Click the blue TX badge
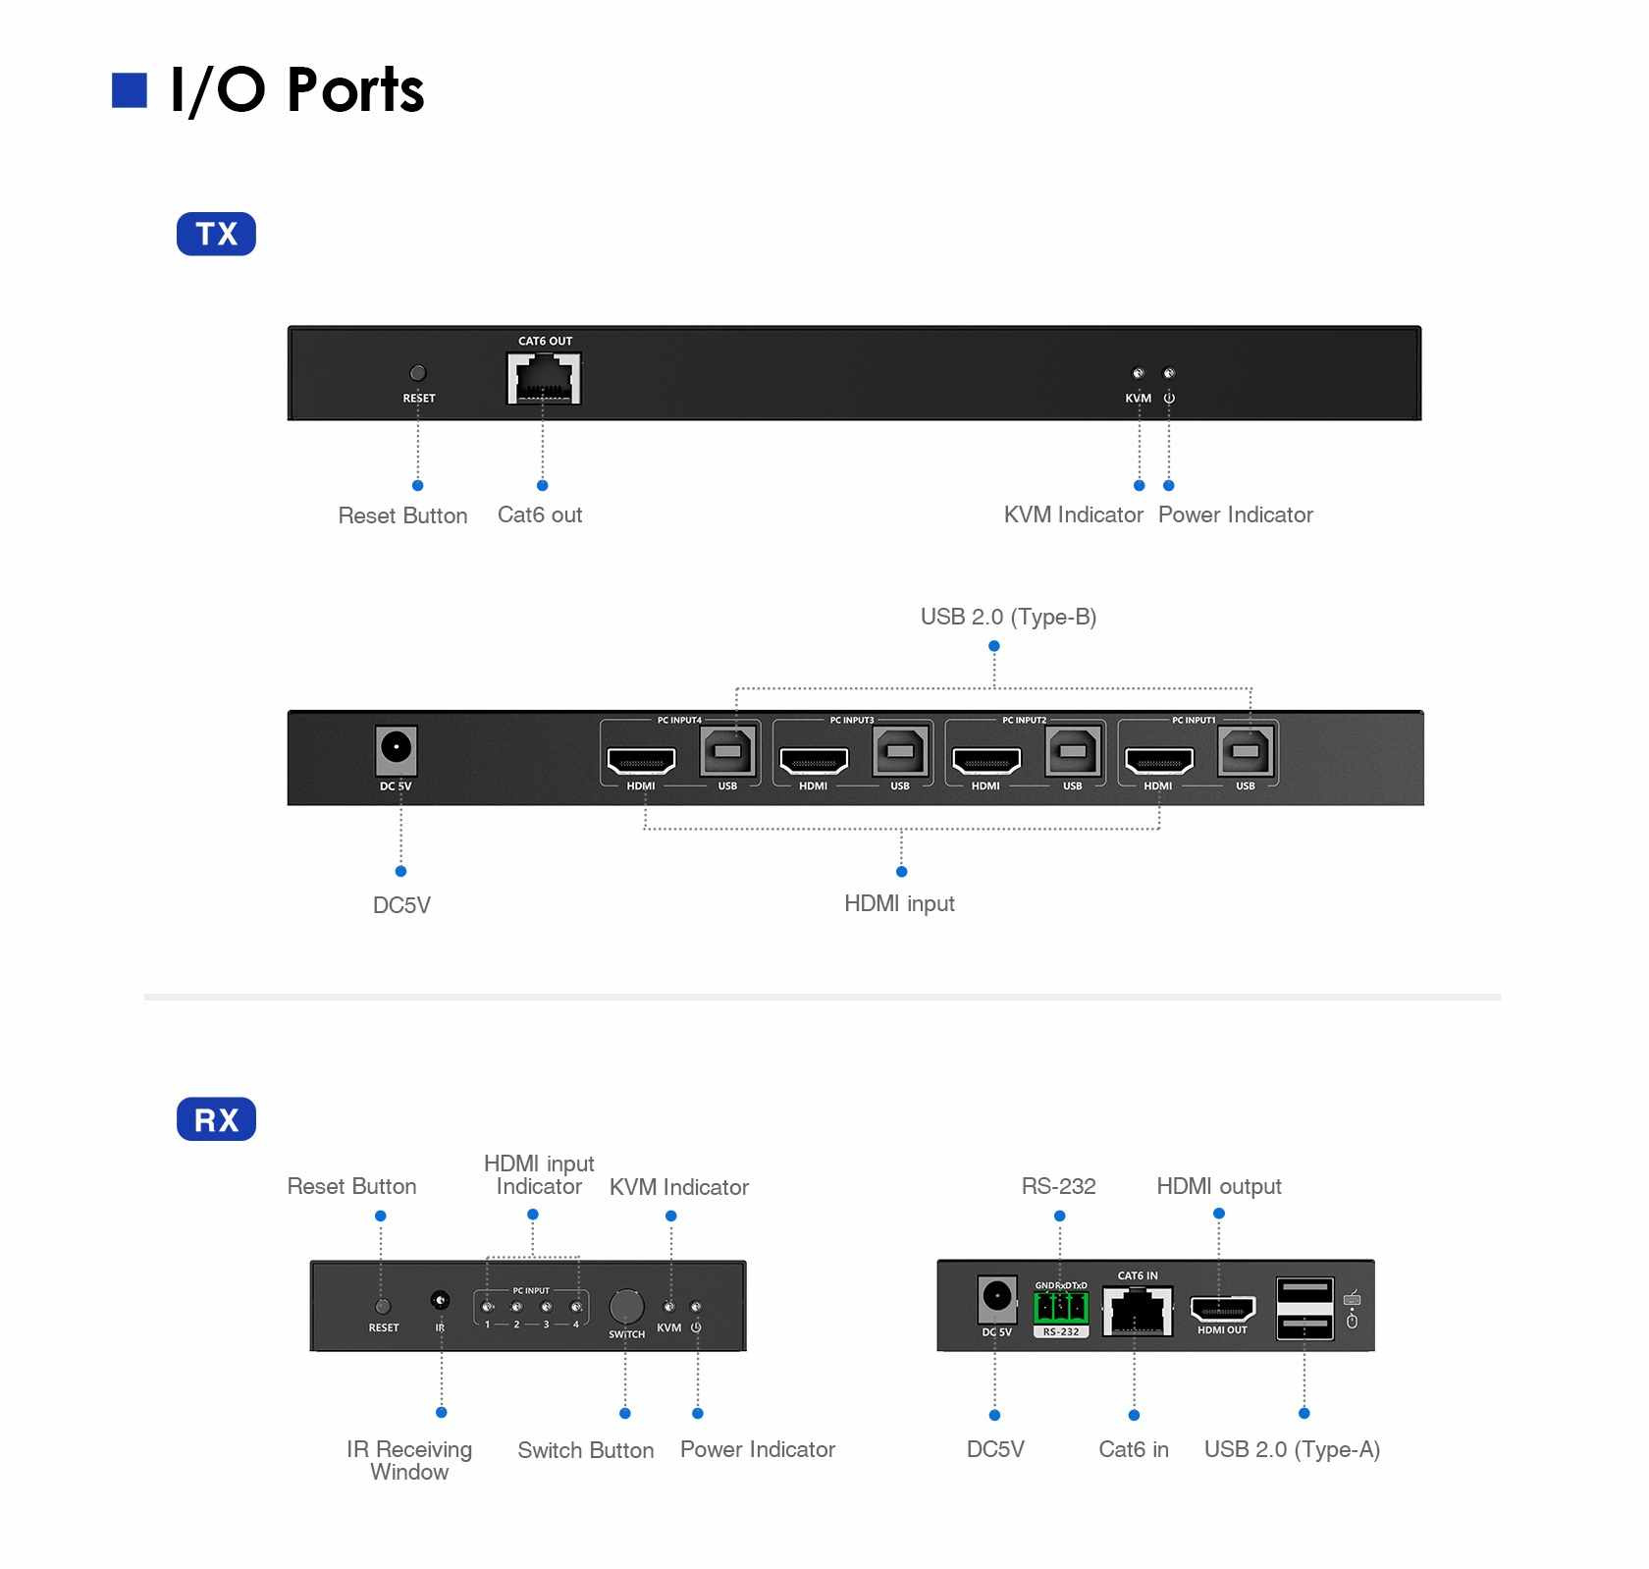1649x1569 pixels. (216, 234)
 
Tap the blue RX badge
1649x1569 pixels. (216, 1119)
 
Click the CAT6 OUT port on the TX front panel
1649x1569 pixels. (544, 378)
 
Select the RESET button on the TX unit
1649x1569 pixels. (418, 373)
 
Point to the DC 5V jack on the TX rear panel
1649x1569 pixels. (397, 750)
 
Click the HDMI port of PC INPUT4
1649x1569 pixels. (641, 760)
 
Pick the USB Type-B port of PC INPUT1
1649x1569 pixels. (1246, 752)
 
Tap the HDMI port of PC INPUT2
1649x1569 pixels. (986, 760)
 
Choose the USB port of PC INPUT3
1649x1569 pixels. (900, 752)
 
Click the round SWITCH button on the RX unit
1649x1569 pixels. (626, 1307)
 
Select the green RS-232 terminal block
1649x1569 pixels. (1061, 1308)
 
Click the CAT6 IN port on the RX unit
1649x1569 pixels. (1138, 1310)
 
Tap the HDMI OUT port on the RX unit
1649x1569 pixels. (1222, 1309)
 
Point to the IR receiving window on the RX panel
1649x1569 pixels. (441, 1301)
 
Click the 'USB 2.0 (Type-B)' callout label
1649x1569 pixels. (1008, 617)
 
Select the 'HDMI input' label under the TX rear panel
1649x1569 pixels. (899, 903)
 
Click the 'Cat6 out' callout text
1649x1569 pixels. (540, 514)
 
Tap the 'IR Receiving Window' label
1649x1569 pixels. (409, 1460)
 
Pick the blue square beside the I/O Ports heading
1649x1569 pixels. (130, 89)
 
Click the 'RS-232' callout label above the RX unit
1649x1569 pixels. (1058, 1186)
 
